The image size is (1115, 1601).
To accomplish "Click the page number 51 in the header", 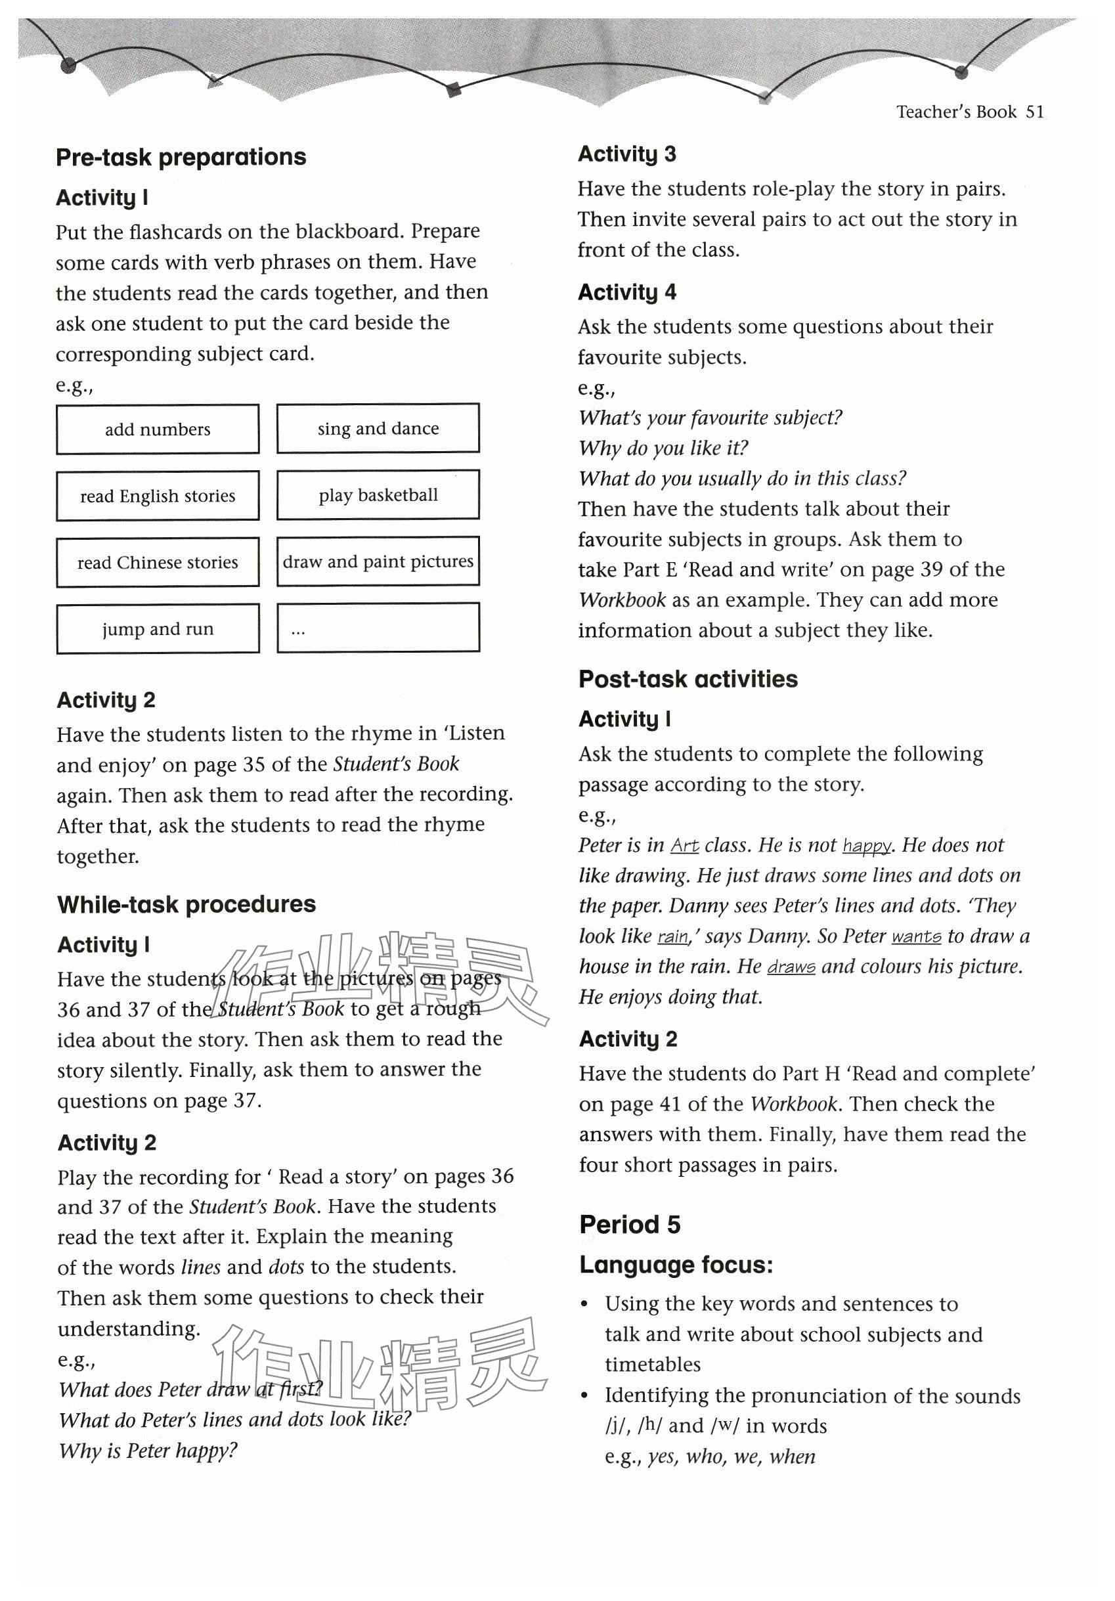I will pyautogui.click(x=1035, y=112).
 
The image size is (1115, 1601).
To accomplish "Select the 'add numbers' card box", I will pyautogui.click(x=158, y=429).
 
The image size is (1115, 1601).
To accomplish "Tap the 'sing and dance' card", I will pyautogui.click(x=378, y=428).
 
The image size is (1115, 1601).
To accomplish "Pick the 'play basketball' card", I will pyautogui.click(x=378, y=495).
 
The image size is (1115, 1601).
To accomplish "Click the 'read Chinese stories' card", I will pyautogui.click(x=158, y=562).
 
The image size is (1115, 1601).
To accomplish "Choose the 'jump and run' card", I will pyautogui.click(x=158, y=629).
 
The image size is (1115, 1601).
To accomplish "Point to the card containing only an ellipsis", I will pyautogui.click(x=378, y=628).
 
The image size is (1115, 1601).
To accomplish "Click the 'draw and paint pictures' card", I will pyautogui.click(x=378, y=561).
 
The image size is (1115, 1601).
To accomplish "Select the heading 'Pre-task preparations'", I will pyautogui.click(x=181, y=158).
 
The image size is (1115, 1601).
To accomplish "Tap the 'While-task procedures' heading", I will pyautogui.click(x=186, y=904).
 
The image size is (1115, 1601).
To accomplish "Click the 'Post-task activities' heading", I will pyautogui.click(x=688, y=679).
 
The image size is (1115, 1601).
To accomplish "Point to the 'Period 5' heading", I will pyautogui.click(x=629, y=1225).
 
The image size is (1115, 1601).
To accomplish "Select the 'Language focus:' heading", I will pyautogui.click(x=676, y=1265).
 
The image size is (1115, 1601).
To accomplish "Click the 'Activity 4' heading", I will pyautogui.click(x=627, y=292).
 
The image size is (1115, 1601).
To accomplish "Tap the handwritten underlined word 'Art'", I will pyautogui.click(x=685, y=846).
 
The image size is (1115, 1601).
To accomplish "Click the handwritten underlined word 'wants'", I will pyautogui.click(x=916, y=936).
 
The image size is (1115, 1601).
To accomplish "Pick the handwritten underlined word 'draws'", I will pyautogui.click(x=791, y=967).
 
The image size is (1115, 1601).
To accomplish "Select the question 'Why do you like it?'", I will pyautogui.click(x=663, y=448).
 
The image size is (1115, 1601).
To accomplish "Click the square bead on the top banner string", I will pyautogui.click(x=454, y=89).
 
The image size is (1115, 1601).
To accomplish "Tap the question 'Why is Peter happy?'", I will pyautogui.click(x=148, y=1451).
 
